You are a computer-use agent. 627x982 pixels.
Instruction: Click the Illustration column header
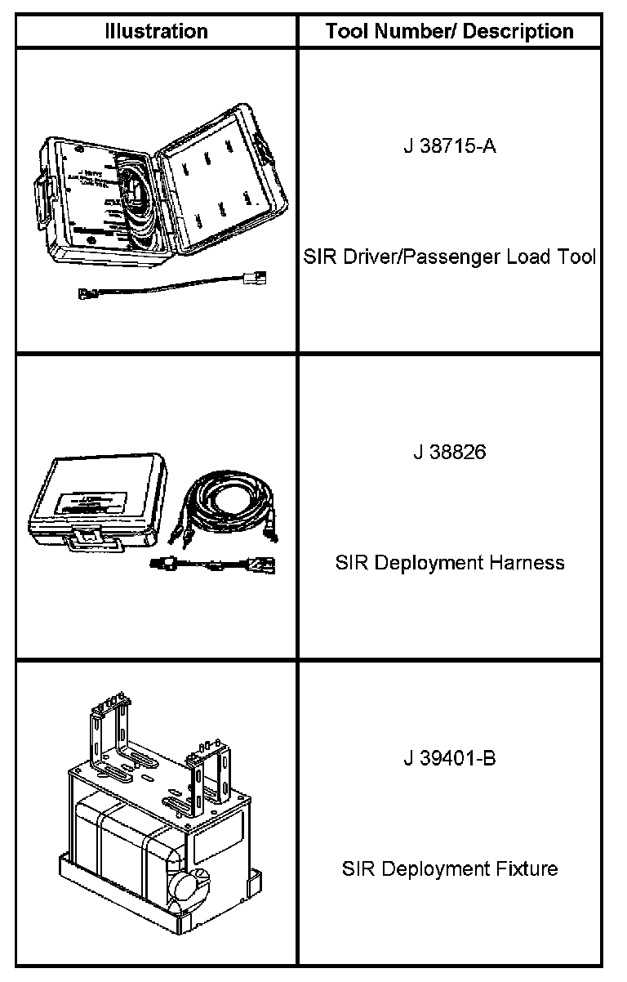[x=157, y=32]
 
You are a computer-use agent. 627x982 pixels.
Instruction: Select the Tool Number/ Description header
[x=450, y=32]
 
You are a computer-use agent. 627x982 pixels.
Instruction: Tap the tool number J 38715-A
[x=450, y=147]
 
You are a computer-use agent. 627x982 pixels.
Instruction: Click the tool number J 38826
[x=450, y=453]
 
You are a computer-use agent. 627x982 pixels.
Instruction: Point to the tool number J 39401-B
[x=450, y=759]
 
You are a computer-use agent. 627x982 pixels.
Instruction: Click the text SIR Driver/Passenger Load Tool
[x=450, y=257]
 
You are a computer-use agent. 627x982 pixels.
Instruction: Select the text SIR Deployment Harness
[x=450, y=563]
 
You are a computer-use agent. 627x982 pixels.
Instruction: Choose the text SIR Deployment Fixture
[x=450, y=868]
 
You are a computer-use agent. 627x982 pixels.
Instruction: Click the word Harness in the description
[x=526, y=563]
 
